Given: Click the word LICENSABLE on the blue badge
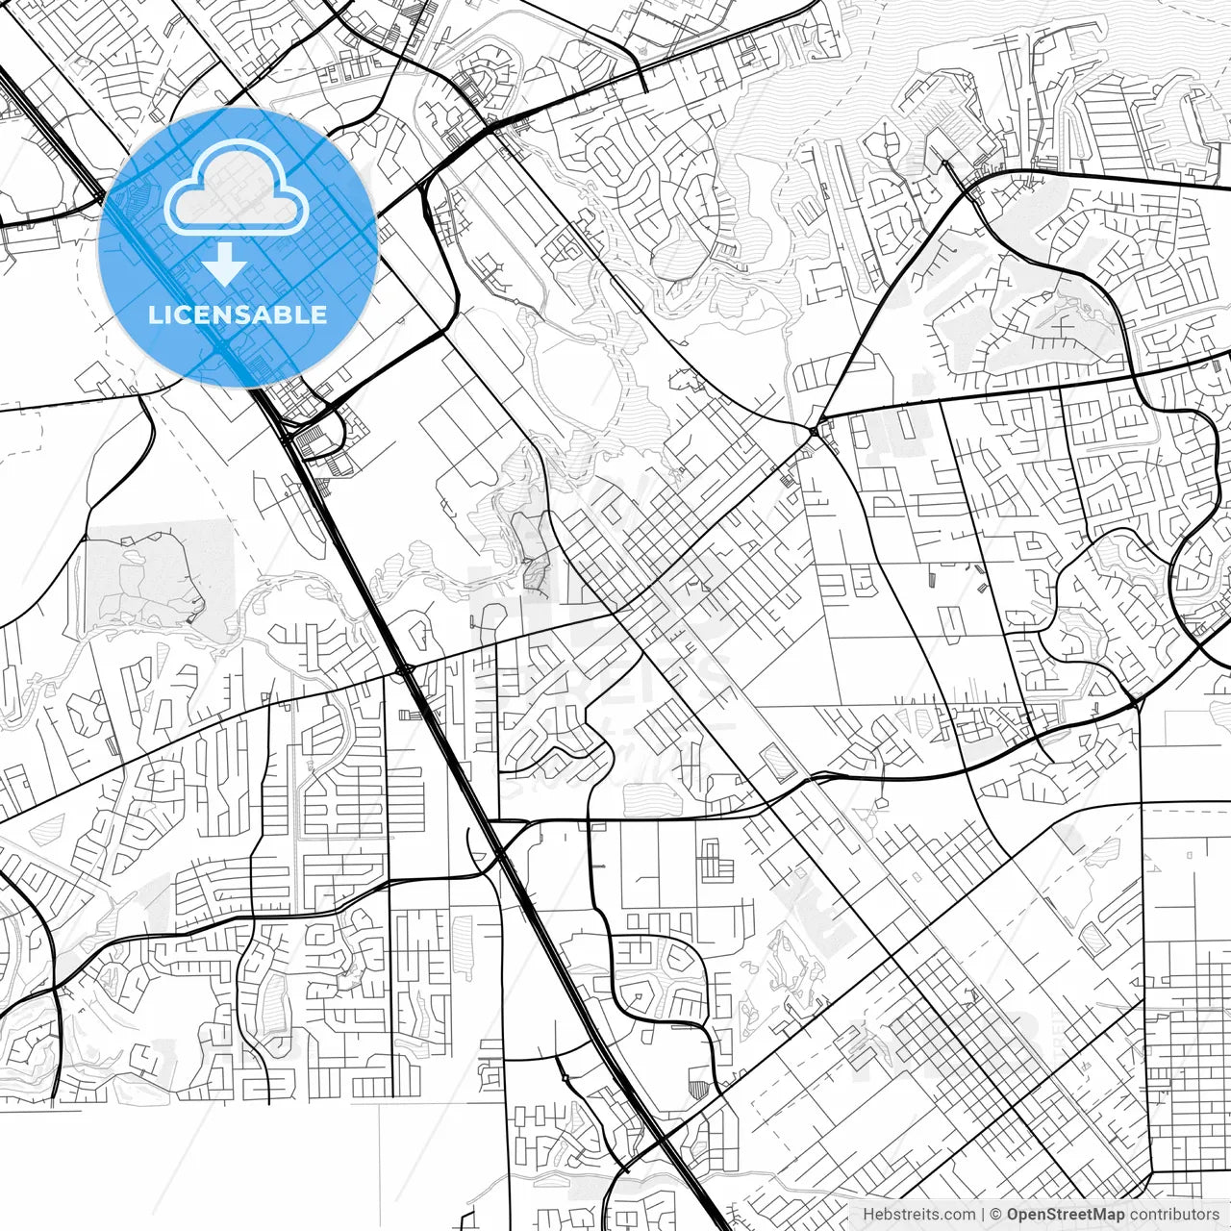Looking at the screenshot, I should [x=238, y=314].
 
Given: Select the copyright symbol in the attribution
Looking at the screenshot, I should [x=996, y=1215].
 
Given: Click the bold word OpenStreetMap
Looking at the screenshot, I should [x=1066, y=1215].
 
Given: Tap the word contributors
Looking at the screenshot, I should [x=1174, y=1215].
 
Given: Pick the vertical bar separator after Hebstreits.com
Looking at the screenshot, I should [x=983, y=1215].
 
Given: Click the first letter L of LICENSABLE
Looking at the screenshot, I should [x=154, y=314].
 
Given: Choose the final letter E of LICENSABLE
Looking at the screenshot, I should [x=320, y=314].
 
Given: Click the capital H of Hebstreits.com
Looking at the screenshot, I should [x=868, y=1215].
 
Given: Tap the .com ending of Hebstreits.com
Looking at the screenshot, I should [x=960, y=1215].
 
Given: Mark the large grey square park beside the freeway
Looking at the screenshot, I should [x=159, y=574].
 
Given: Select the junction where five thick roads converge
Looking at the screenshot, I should [x=816, y=433].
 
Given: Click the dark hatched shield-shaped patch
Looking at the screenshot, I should [x=699, y=1088].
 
